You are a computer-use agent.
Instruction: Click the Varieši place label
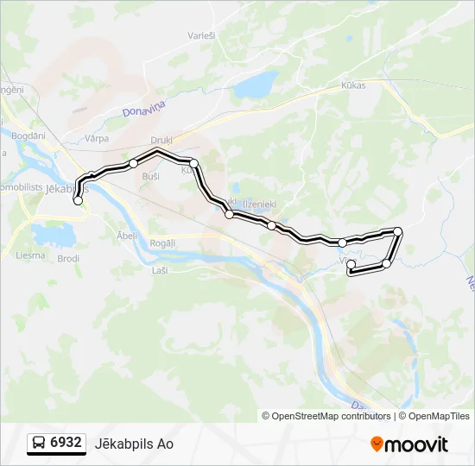point(201,35)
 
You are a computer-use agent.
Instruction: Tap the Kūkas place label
point(353,85)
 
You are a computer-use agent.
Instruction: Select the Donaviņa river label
point(143,108)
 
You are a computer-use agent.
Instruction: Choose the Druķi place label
point(161,139)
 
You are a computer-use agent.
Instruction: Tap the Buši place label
point(150,175)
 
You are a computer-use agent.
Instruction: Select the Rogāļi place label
point(161,243)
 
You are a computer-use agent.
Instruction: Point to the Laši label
point(160,270)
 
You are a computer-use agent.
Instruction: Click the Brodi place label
point(68,258)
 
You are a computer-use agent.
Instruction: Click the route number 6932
point(66,443)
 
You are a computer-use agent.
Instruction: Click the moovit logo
point(409,444)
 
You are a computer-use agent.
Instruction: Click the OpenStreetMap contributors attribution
point(326,416)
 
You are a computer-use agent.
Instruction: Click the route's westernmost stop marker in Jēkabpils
point(79,200)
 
